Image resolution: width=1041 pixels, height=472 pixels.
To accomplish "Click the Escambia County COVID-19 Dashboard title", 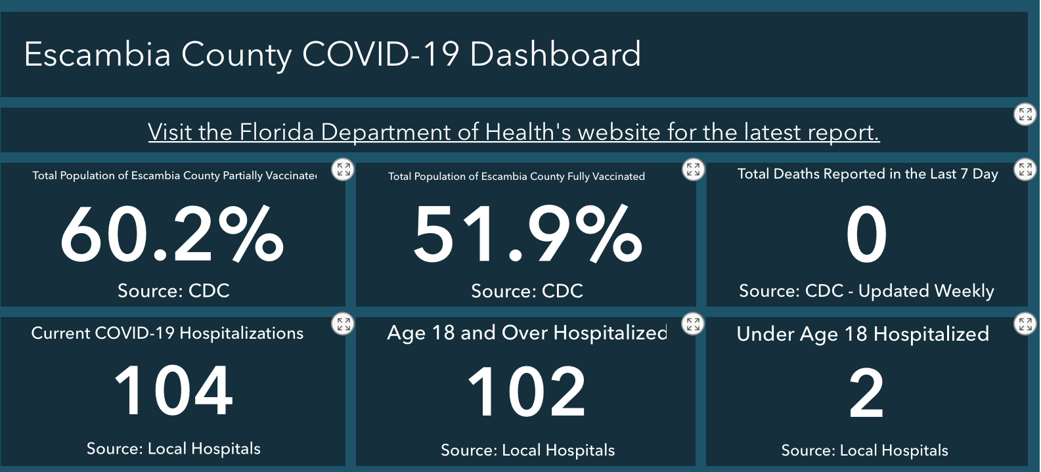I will click(x=332, y=54).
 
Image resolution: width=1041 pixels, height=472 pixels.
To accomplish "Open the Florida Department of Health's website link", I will click(x=514, y=132).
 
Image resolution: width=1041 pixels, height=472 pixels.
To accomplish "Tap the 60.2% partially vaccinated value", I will click(x=172, y=235).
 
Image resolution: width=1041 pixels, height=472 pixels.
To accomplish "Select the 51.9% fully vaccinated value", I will click(x=527, y=235).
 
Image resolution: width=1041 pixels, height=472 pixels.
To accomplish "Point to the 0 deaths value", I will click(x=866, y=235).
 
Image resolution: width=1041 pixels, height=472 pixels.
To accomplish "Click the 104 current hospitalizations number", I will click(x=173, y=391).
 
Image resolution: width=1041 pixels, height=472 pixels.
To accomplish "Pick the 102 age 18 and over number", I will click(x=527, y=393).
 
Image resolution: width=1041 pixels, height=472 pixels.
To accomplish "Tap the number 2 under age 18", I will click(x=866, y=394).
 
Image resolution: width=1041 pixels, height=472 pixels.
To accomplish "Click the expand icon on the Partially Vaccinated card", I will click(x=343, y=169).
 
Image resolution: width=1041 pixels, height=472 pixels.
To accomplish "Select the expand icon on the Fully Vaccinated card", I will click(x=693, y=169).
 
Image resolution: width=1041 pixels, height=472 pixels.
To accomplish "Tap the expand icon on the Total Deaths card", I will click(x=1025, y=169).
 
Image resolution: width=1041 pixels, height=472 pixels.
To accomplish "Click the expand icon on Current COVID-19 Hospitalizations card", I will click(x=343, y=324).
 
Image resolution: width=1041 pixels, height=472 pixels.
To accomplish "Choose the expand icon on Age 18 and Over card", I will click(x=693, y=324).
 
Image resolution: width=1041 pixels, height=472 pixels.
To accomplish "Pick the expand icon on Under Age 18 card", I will click(x=1025, y=324).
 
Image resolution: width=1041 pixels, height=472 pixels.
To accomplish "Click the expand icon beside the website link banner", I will click(x=1025, y=114).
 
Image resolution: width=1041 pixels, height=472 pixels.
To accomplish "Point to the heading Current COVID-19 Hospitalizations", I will click(x=167, y=333).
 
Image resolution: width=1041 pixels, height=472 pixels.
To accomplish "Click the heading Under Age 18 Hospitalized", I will click(x=863, y=333).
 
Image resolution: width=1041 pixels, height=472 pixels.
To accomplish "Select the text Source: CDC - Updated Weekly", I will click(x=866, y=291).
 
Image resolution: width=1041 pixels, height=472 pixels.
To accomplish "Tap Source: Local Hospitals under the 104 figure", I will click(x=173, y=448).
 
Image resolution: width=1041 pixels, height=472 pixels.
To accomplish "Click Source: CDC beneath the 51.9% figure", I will click(x=527, y=291).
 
